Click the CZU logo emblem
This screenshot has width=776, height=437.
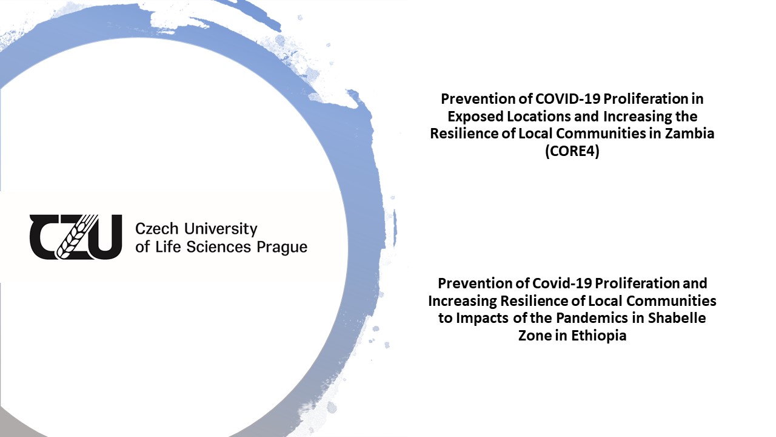pos(76,237)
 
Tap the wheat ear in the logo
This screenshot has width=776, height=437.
pos(77,237)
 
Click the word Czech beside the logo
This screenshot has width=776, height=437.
pos(156,229)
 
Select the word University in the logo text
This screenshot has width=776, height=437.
pos(221,229)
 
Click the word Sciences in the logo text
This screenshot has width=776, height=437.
pos(219,247)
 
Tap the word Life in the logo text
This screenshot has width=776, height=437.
pos(168,247)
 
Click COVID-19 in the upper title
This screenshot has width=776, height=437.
pos(567,99)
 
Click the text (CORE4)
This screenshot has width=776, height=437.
pos(572,151)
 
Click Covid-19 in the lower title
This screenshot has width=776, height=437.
pos(562,283)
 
